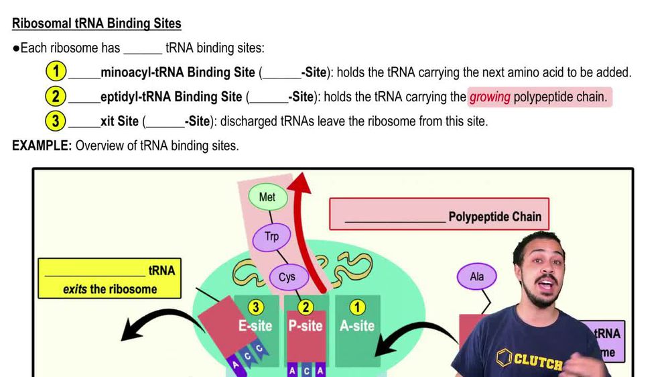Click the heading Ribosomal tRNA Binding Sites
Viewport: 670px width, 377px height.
click(x=96, y=23)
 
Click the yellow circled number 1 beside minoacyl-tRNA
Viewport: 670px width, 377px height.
click(x=56, y=72)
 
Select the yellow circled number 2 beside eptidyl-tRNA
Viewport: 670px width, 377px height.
click(x=56, y=97)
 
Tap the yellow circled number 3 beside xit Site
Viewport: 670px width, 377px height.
click(x=56, y=121)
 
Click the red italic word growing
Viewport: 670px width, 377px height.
click(x=490, y=97)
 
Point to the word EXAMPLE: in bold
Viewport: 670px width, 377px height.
click(x=42, y=146)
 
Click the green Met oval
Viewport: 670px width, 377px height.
click(x=267, y=198)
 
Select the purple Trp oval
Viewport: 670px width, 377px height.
click(x=271, y=237)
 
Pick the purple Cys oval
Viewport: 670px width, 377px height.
click(x=287, y=276)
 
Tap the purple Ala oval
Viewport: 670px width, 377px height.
click(x=477, y=276)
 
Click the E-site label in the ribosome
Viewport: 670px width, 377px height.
click(x=255, y=326)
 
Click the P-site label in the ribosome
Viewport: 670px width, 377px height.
click(x=306, y=326)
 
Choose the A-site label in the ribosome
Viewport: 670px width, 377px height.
click(x=356, y=326)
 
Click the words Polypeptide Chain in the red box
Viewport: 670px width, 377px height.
click(x=494, y=217)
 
